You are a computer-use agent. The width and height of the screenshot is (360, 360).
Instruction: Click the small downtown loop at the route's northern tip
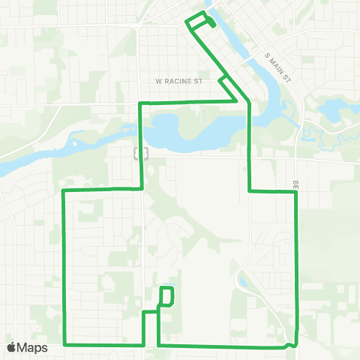pos(200,21)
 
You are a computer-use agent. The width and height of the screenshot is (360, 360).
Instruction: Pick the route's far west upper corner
pos(62,191)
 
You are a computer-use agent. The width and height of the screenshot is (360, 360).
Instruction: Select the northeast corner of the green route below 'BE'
pos(297,192)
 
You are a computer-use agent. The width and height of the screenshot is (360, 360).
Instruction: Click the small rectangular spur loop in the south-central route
pos(167,295)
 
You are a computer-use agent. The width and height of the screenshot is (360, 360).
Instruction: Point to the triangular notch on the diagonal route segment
pos(223,82)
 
